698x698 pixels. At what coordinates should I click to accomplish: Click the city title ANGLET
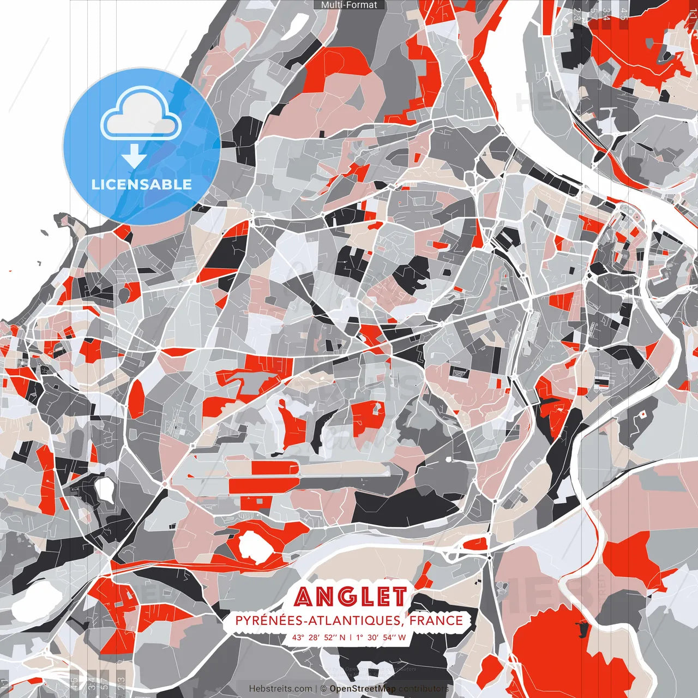[x=351, y=597]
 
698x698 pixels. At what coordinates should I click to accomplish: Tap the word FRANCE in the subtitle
[x=436, y=621]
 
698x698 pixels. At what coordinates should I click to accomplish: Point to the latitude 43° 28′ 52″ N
[x=318, y=637]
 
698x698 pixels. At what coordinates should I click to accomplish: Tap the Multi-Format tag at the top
[x=349, y=5]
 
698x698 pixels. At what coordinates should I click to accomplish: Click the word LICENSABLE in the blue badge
[x=142, y=184]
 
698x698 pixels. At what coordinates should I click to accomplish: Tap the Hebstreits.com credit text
[x=280, y=689]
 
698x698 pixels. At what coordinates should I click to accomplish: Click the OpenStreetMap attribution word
[x=363, y=689]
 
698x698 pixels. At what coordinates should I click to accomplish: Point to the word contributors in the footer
[x=423, y=689]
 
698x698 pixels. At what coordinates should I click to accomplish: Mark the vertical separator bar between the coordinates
[x=350, y=637]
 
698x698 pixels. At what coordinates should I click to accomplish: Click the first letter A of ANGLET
[x=305, y=598]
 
